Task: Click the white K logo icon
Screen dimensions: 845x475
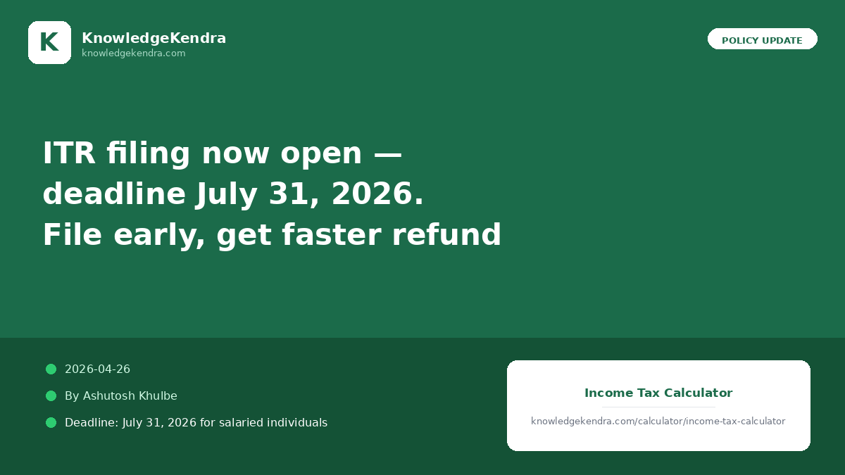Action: point(49,43)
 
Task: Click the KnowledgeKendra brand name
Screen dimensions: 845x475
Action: point(154,38)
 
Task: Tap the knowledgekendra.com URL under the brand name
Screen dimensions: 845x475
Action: point(134,53)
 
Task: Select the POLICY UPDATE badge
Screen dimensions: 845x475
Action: point(763,39)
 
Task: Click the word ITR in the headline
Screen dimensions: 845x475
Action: point(69,153)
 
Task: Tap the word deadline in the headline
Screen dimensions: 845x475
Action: point(114,193)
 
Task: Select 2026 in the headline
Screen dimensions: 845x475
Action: point(373,194)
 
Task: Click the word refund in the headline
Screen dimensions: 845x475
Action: point(446,234)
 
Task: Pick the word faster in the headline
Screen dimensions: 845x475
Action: point(331,234)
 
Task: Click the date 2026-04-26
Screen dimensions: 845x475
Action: point(97,369)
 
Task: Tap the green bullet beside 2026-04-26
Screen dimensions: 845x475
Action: point(51,369)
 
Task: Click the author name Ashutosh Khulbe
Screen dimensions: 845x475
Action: point(130,395)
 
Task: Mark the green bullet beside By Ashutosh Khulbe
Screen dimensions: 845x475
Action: point(51,395)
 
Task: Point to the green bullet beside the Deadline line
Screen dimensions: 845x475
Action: point(51,423)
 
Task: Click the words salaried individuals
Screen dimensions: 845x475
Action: point(273,423)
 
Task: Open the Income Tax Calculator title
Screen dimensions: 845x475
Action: point(658,393)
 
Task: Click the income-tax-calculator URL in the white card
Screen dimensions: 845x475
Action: point(658,421)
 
